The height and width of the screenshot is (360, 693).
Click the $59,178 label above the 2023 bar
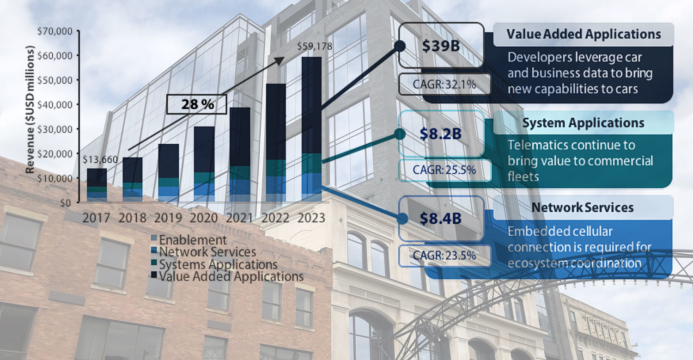314,47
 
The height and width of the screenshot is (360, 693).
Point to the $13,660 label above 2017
99,160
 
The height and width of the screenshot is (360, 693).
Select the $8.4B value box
441,219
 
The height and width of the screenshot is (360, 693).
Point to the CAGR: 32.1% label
444,85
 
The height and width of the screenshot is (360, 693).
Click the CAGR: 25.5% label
444,170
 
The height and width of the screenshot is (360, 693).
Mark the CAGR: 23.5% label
444,255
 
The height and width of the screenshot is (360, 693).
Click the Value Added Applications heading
583,34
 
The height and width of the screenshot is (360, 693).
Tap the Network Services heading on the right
582,207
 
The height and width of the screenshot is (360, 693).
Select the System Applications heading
583,123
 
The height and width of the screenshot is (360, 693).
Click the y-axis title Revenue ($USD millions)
31,109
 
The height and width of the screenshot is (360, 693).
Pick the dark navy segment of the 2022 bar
276,122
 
